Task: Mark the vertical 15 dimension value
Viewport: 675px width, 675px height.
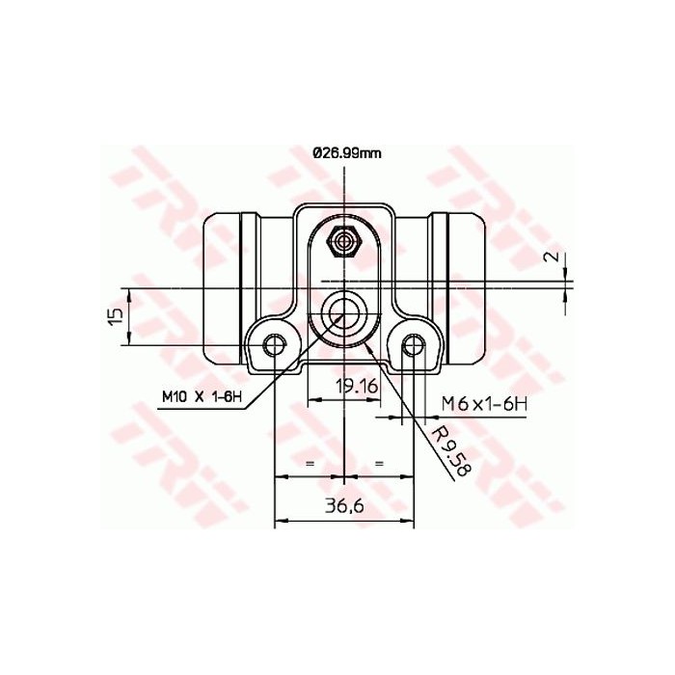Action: point(115,316)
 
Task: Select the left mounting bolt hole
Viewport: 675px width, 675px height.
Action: point(276,344)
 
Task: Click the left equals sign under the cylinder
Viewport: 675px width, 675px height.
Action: point(310,464)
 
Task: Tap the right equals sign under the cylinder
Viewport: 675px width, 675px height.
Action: point(379,464)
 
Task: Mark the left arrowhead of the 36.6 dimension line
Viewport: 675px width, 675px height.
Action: point(281,523)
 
